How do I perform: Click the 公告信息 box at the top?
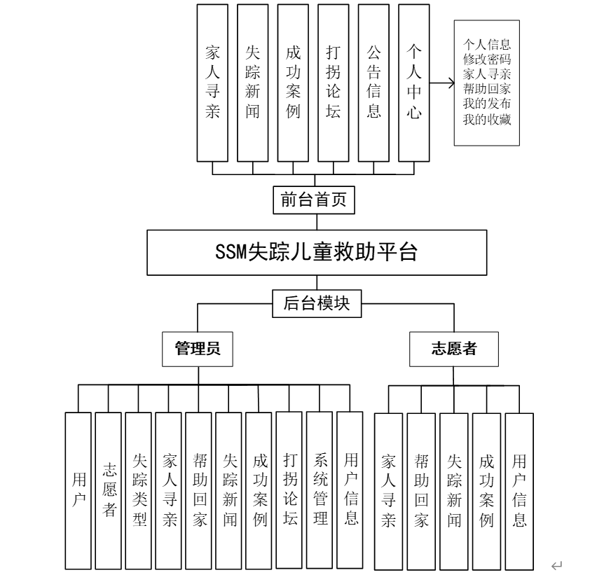pyautogui.click(x=373, y=82)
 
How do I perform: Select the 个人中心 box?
pyautogui.click(x=414, y=82)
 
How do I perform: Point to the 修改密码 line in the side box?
pyautogui.click(x=487, y=57)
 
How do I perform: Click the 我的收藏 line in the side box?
pyautogui.click(x=487, y=120)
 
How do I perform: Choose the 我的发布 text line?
pyautogui.click(x=487, y=104)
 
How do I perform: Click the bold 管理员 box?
pyautogui.click(x=197, y=348)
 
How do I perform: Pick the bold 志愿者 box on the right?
pyautogui.click(x=454, y=348)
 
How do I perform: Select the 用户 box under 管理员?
pyautogui.click(x=78, y=490)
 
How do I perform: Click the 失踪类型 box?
pyautogui.click(x=139, y=490)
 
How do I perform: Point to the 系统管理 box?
pyautogui.click(x=320, y=490)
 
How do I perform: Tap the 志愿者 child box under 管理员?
pyautogui.click(x=109, y=490)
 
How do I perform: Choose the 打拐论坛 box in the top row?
pyautogui.click(x=334, y=82)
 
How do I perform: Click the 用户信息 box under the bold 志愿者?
pyautogui.click(x=519, y=490)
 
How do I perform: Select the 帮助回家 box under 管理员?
pyautogui.click(x=199, y=490)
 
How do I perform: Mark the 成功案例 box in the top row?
pyautogui.click(x=293, y=82)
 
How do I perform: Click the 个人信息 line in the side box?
pyautogui.click(x=487, y=41)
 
